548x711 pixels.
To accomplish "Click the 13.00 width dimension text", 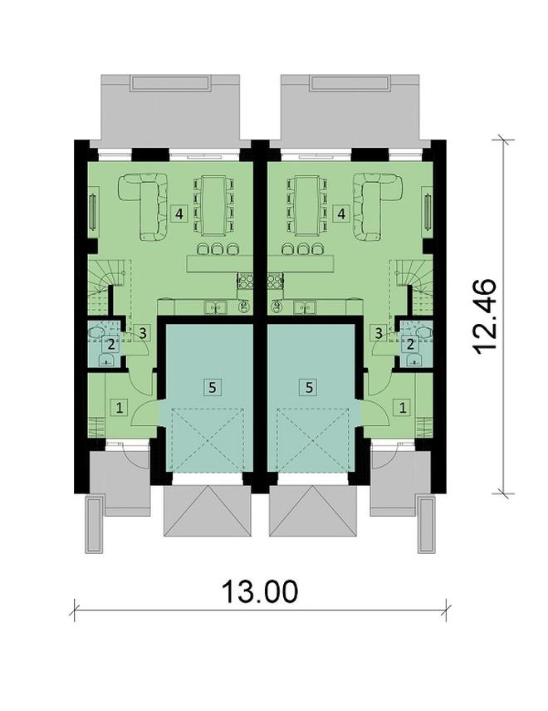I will click(x=259, y=591).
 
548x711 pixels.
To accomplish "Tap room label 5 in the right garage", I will click(x=309, y=386).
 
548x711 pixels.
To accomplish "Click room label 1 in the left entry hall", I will click(x=120, y=407).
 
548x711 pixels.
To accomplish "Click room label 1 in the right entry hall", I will click(x=404, y=407).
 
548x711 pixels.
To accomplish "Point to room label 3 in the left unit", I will click(x=143, y=333).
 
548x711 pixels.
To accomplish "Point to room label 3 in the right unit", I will click(x=379, y=333).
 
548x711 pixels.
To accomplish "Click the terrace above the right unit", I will click(x=350, y=108).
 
